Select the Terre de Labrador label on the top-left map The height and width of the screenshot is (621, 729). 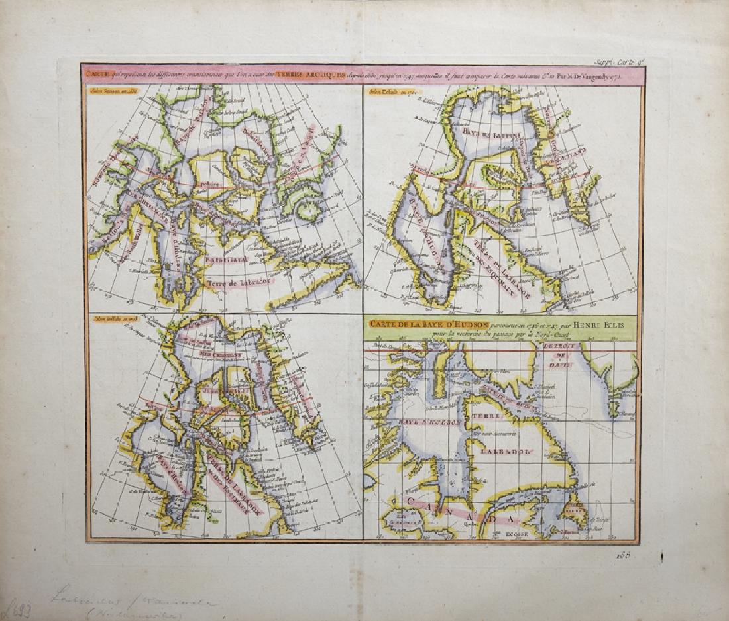click(x=229, y=283)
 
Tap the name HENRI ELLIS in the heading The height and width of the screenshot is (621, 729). click(x=585, y=324)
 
